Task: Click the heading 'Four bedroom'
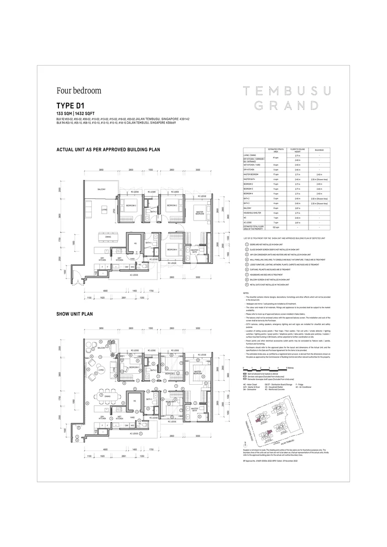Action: pyautogui.click(x=79, y=90)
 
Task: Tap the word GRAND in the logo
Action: pyautogui.click(x=280, y=106)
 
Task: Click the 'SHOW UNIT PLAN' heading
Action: pyautogui.click(x=75, y=301)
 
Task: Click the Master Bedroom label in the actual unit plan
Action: pyautogui.click(x=200, y=212)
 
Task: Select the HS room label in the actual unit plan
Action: pyautogui.click(x=135, y=243)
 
